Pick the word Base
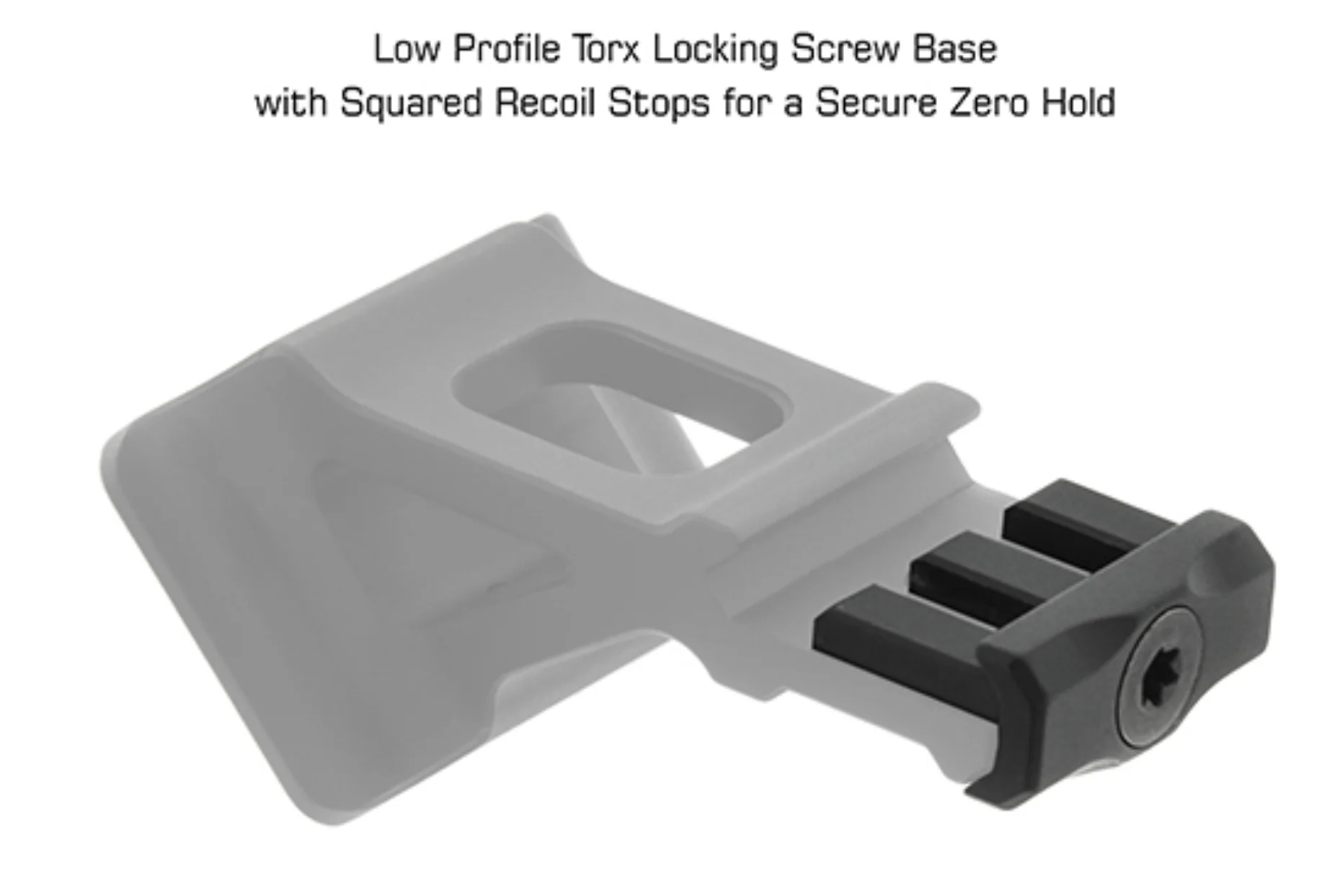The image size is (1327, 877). pyautogui.click(x=955, y=50)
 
